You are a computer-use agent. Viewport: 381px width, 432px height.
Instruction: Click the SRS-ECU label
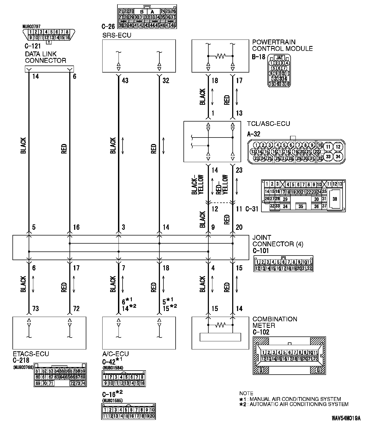click(x=117, y=35)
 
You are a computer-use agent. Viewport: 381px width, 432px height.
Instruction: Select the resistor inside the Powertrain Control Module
click(x=220, y=56)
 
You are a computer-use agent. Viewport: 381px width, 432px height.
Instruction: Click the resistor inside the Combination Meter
click(x=220, y=325)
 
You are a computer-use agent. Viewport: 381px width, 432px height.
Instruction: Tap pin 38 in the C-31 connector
click(x=335, y=199)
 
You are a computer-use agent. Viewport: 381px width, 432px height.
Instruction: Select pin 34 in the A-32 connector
click(x=338, y=156)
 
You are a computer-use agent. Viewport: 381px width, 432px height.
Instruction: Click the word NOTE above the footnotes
click(x=246, y=393)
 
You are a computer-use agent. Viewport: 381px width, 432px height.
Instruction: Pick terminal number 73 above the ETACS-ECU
click(x=35, y=308)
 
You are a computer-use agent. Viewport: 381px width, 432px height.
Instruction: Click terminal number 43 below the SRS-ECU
click(x=125, y=80)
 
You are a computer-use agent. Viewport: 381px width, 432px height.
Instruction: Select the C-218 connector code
click(x=21, y=360)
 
